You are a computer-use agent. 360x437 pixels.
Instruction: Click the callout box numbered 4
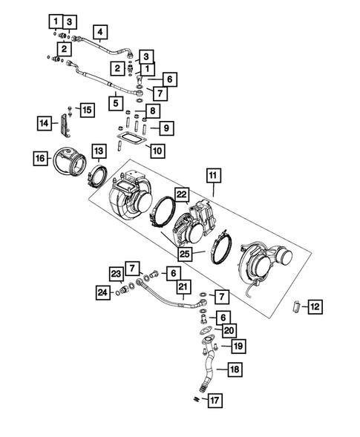click(x=99, y=32)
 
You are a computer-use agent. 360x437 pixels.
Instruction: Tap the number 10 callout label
click(x=157, y=151)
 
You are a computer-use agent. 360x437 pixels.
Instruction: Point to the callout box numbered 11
click(x=215, y=177)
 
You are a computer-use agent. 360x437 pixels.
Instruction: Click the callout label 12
click(x=315, y=306)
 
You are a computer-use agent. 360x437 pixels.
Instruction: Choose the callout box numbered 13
click(x=98, y=151)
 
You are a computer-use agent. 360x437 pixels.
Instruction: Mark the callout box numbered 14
click(x=46, y=123)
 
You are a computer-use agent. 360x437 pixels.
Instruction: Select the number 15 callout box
click(x=87, y=110)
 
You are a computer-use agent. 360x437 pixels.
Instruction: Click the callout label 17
click(x=214, y=401)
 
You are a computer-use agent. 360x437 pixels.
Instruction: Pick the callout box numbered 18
click(x=234, y=369)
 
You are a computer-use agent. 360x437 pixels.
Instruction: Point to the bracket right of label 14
click(x=66, y=127)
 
